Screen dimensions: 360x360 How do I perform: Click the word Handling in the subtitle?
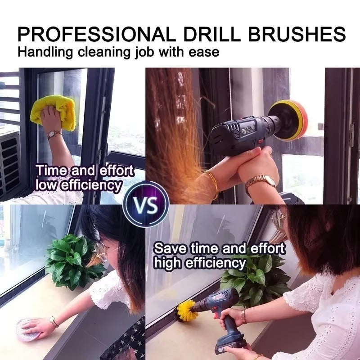pyautogui.click(x=44, y=52)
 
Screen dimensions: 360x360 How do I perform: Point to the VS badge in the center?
pyautogui.click(x=146, y=206)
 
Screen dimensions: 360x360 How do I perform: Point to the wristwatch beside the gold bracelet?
pyautogui.click(x=261, y=182)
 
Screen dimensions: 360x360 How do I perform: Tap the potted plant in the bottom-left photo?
pyautogui.click(x=72, y=261)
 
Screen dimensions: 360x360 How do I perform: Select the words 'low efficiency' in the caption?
pyautogui.click(x=79, y=184)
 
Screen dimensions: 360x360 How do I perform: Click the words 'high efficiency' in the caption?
pyautogui.click(x=200, y=262)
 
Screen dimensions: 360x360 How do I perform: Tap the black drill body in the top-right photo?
pyautogui.click(x=238, y=128)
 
